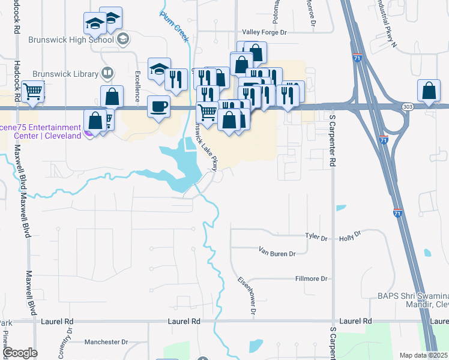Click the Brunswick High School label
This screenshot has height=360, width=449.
(71, 40)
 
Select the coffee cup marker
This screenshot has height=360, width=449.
(159, 106)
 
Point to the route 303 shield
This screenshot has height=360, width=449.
(408, 106)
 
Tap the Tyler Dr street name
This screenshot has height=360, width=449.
(316, 238)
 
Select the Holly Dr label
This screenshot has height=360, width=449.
(349, 236)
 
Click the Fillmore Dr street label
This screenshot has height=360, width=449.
(311, 279)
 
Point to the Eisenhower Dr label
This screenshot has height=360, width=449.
(247, 295)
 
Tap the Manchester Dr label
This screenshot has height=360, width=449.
(106, 342)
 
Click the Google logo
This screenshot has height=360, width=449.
(20, 353)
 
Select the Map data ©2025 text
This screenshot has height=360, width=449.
(424, 355)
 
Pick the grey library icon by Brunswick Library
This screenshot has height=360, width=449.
(107, 73)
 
